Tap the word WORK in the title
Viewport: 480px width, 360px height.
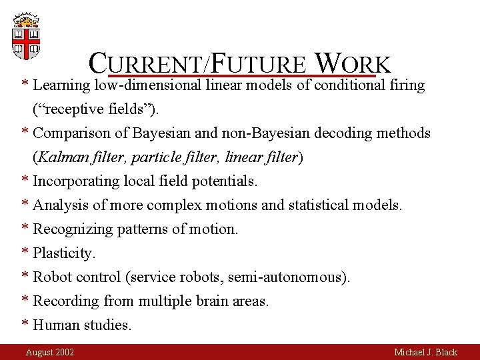[352, 64]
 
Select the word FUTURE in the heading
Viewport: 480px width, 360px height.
[260, 64]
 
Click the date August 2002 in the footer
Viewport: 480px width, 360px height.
[50, 352]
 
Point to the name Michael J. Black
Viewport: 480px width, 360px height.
[425, 352]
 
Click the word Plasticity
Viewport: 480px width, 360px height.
[65, 253]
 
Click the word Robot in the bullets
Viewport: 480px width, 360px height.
[53, 277]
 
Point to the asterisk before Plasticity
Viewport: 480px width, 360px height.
[25, 253]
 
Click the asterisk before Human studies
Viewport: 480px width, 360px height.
[25, 325]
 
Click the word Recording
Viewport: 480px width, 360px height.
[66, 301]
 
